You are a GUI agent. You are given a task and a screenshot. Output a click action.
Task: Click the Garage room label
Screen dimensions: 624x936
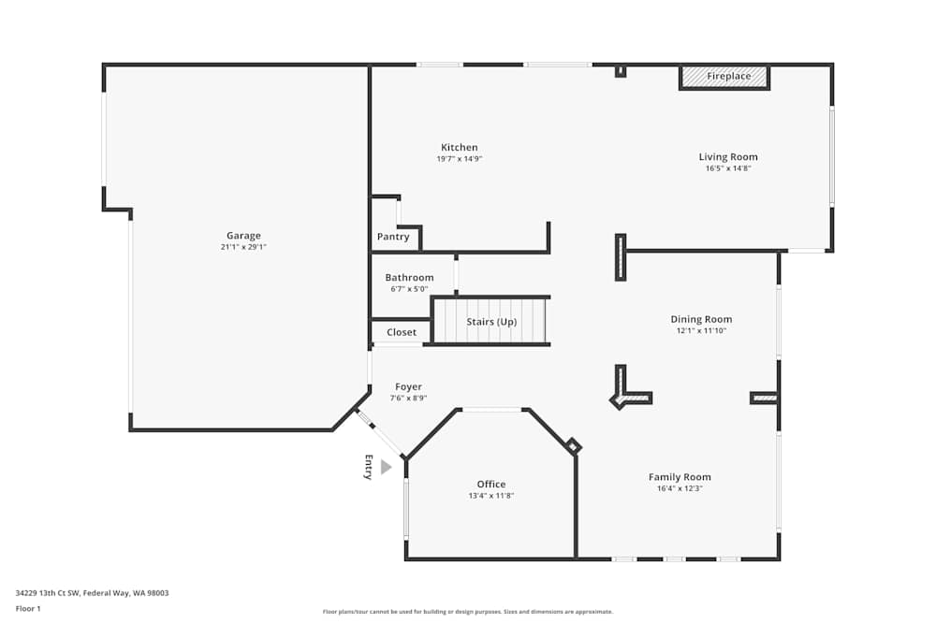point(243,236)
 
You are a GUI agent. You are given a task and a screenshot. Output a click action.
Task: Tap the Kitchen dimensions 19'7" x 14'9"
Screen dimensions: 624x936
point(459,159)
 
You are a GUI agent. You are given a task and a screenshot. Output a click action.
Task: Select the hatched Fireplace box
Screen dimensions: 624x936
point(724,77)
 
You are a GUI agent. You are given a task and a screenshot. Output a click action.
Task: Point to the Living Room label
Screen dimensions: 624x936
point(728,157)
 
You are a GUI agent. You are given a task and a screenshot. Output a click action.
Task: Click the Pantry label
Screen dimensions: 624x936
point(393,237)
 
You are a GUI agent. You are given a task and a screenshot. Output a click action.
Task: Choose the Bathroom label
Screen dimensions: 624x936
point(409,278)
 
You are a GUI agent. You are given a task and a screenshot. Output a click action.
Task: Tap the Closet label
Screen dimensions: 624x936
point(402,332)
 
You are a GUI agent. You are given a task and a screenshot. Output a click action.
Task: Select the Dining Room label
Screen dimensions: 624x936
point(701,319)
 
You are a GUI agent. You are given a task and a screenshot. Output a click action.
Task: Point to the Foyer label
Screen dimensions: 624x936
point(408,386)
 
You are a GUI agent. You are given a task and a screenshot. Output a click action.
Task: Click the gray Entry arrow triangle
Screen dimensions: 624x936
point(386,467)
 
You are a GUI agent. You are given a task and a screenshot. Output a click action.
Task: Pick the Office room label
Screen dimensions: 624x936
point(491,485)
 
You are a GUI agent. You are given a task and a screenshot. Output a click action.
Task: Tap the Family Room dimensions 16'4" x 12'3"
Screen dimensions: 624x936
point(680,488)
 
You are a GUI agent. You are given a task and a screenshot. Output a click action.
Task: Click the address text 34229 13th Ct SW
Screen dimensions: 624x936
point(92,592)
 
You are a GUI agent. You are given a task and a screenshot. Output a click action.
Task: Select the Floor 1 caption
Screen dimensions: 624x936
point(28,608)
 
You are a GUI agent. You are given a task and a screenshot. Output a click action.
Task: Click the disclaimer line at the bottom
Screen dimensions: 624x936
point(467,612)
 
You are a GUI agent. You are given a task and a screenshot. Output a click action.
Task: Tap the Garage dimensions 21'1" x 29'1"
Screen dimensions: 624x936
point(243,247)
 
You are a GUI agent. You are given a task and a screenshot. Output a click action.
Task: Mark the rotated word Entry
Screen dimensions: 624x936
point(368,467)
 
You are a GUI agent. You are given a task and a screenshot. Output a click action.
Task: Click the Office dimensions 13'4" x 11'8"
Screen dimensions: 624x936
point(491,496)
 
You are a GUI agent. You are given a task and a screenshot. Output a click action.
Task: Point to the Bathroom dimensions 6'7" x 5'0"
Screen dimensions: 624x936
point(409,289)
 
